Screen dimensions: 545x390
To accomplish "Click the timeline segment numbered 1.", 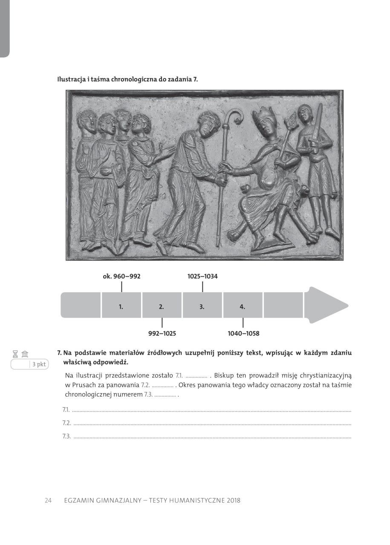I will click(x=121, y=305).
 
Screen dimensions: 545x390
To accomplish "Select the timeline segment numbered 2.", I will click(x=162, y=305).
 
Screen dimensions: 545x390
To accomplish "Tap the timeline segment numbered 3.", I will click(x=202, y=305).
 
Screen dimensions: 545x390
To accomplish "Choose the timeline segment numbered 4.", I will click(x=243, y=305).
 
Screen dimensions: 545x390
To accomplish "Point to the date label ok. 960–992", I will click(x=121, y=276).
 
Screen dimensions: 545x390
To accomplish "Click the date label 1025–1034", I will click(x=202, y=276).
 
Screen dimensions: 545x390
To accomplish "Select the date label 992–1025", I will click(x=162, y=333).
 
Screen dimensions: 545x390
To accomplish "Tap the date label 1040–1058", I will click(x=243, y=333).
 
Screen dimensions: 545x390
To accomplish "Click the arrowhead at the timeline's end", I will click(x=326, y=305).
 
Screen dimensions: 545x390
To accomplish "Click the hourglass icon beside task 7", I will click(x=16, y=354).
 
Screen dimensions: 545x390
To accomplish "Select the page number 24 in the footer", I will click(x=48, y=500).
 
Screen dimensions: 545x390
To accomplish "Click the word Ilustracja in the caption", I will click(x=71, y=79).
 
